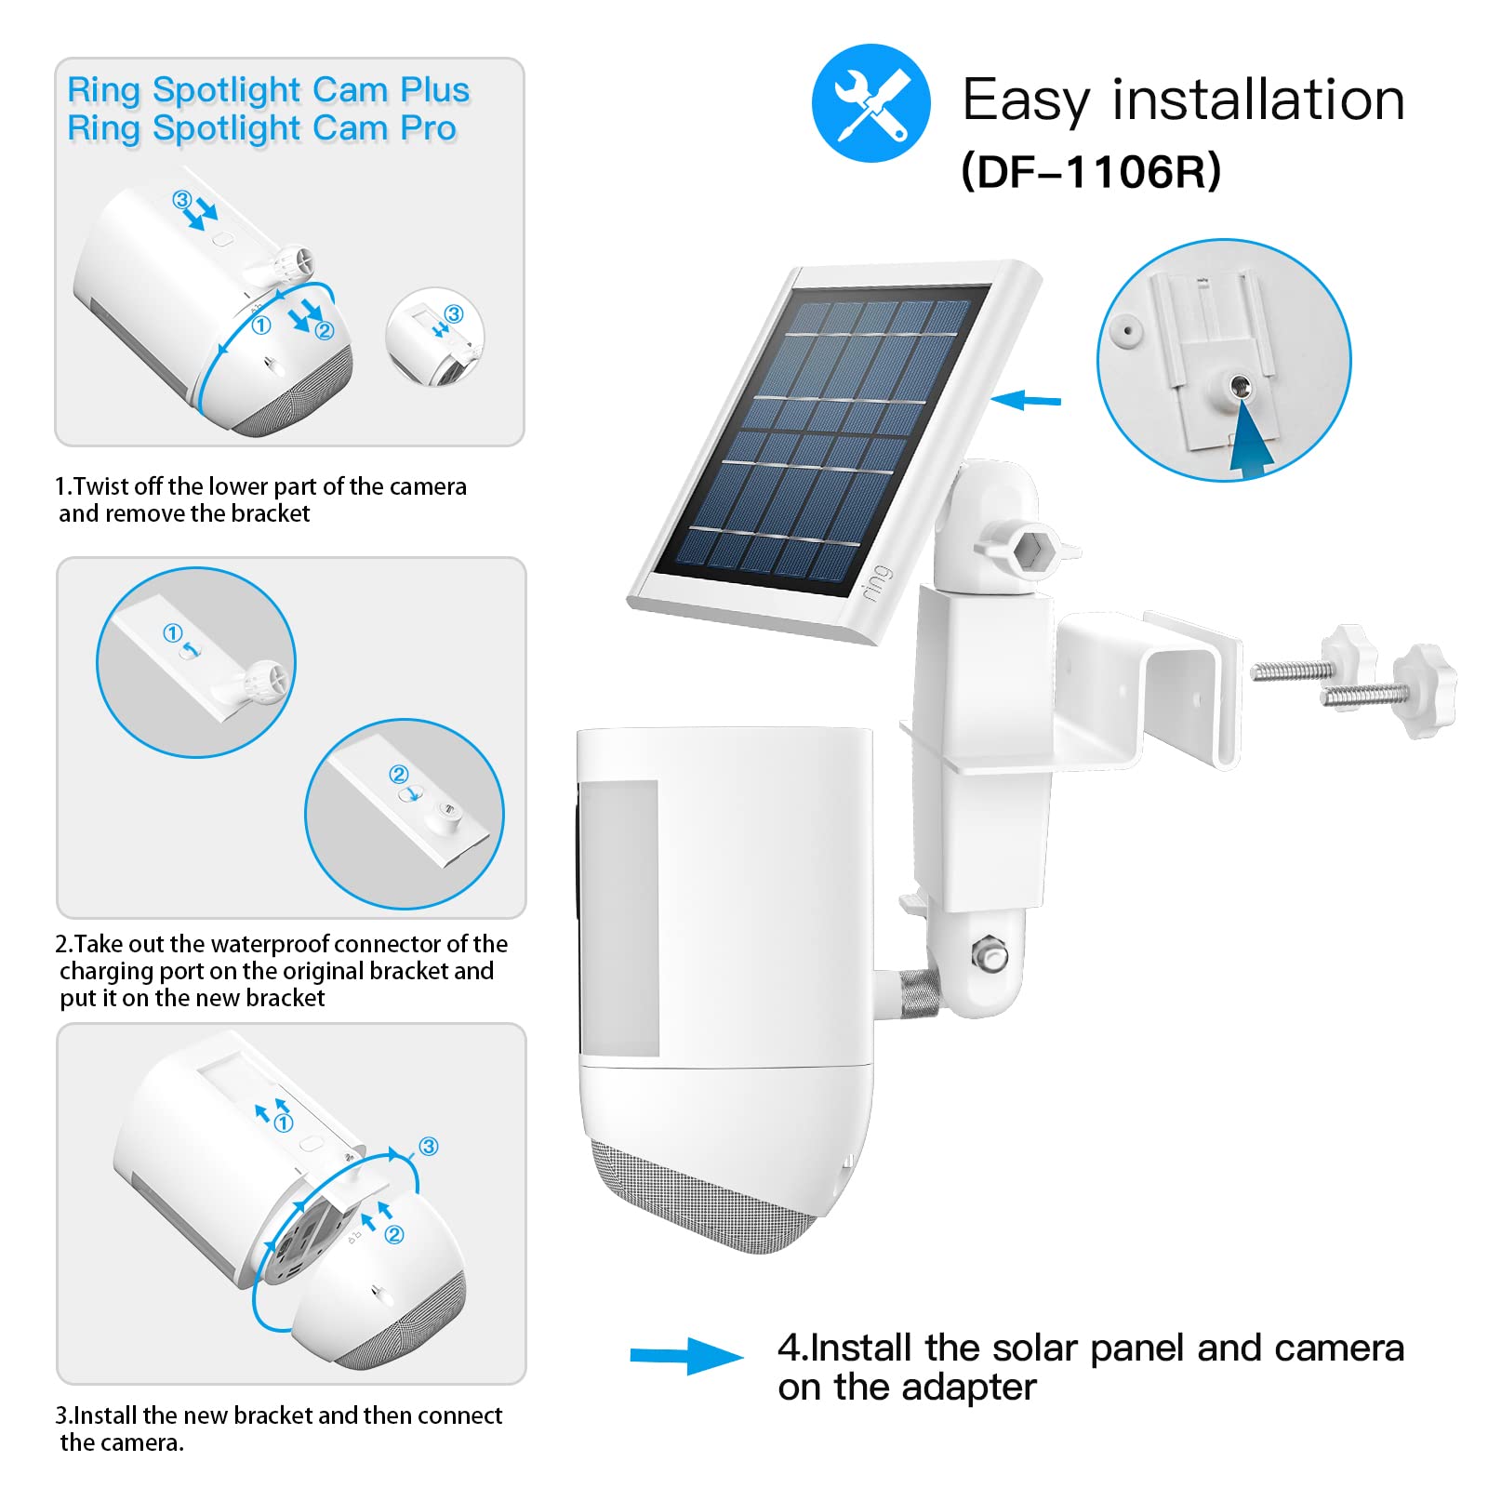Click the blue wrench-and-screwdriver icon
pos(870,103)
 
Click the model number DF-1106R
pos(1090,171)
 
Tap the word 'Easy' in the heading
pos(1025,100)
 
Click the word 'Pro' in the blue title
pos(428,128)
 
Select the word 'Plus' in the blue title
pos(434,90)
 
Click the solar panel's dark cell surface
pos(818,437)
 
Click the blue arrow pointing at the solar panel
pos(1026,401)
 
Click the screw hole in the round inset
pos(1241,384)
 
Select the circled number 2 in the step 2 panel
pos(399,775)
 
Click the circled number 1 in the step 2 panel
pos(172,633)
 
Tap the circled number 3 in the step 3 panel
pos(429,1146)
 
